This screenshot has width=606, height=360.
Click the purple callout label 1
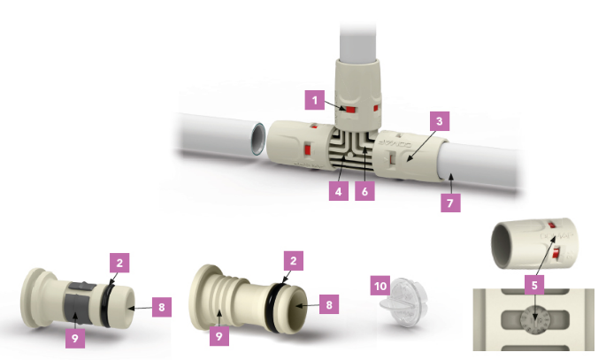tap(315, 100)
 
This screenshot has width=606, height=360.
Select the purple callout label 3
tap(440, 121)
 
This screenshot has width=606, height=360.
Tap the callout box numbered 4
tap(339, 191)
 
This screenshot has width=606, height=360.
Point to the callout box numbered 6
tap(364, 191)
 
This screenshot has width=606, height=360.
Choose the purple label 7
tap(450, 203)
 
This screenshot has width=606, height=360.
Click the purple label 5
tap(534, 285)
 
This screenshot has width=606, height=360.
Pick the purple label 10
tap(380, 286)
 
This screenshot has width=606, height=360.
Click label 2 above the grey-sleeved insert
tap(119, 263)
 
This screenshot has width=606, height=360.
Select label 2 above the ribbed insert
tap(294, 261)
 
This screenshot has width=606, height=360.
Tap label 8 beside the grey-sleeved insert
tap(162, 307)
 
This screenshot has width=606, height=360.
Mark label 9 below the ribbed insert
tap(219, 336)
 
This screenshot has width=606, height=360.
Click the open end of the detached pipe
tap(257, 139)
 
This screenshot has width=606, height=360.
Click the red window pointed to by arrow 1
tap(350, 110)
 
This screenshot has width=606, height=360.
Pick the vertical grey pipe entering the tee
tap(358, 43)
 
